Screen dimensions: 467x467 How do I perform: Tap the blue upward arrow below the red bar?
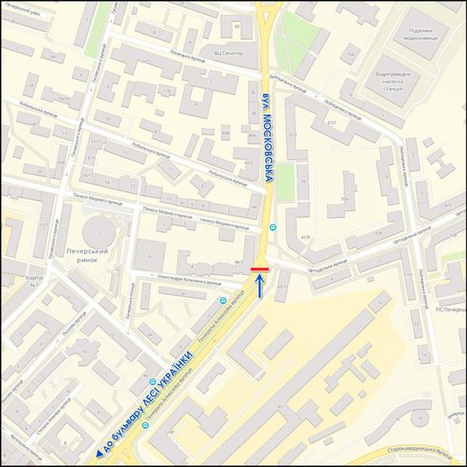tap(260, 287)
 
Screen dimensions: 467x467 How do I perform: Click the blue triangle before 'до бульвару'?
tap(98, 454)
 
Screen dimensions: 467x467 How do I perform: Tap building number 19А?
tap(349, 55)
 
